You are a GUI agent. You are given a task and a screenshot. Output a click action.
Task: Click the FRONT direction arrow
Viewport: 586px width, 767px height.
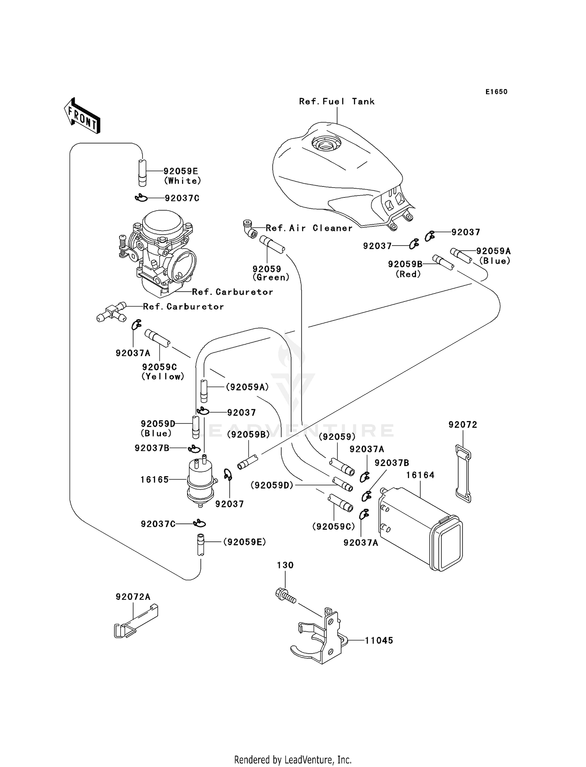pyautogui.click(x=82, y=116)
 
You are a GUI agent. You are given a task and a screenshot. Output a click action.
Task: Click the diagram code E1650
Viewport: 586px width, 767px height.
pyautogui.click(x=496, y=92)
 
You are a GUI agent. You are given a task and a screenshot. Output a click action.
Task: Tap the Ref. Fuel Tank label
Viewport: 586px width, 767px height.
pyautogui.click(x=337, y=102)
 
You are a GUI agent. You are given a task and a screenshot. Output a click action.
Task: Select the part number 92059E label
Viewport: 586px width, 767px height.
pyautogui.click(x=180, y=171)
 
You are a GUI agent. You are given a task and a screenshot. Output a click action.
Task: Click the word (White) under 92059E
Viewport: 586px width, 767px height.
pyautogui.click(x=182, y=181)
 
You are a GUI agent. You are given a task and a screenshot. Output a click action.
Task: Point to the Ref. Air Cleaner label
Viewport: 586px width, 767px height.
pyautogui.click(x=309, y=228)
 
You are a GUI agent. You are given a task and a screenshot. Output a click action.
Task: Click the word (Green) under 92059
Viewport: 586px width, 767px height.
pyautogui.click(x=271, y=278)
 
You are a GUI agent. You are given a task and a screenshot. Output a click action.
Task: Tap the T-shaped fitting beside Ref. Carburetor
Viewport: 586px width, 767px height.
pyautogui.click(x=111, y=312)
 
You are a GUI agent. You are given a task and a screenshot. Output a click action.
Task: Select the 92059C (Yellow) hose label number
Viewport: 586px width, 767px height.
pyautogui.click(x=159, y=367)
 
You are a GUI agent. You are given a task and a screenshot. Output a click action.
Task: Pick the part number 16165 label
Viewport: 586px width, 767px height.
pyautogui.click(x=155, y=480)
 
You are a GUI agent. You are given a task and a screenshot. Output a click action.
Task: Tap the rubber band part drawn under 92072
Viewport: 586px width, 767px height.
pyautogui.click(x=463, y=473)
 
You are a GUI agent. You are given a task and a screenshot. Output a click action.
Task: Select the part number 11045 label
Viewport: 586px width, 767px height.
pyautogui.click(x=379, y=640)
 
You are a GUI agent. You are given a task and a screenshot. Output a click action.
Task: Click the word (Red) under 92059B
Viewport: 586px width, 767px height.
pyautogui.click(x=408, y=274)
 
